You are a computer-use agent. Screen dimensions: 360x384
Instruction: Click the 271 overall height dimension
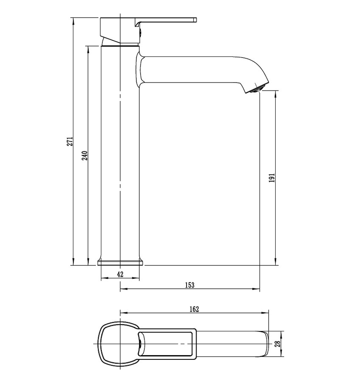[70, 142]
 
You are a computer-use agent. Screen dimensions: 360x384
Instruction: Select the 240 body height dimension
[84, 156]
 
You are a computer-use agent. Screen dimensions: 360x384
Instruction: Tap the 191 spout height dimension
[272, 178]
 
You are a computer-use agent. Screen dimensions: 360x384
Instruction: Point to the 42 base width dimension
[120, 274]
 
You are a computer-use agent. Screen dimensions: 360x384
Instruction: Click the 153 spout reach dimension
[190, 285]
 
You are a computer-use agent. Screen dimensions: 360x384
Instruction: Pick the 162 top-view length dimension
[194, 309]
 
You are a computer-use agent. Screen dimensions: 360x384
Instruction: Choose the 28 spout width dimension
[277, 344]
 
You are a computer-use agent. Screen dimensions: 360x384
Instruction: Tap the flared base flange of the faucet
[120, 262]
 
